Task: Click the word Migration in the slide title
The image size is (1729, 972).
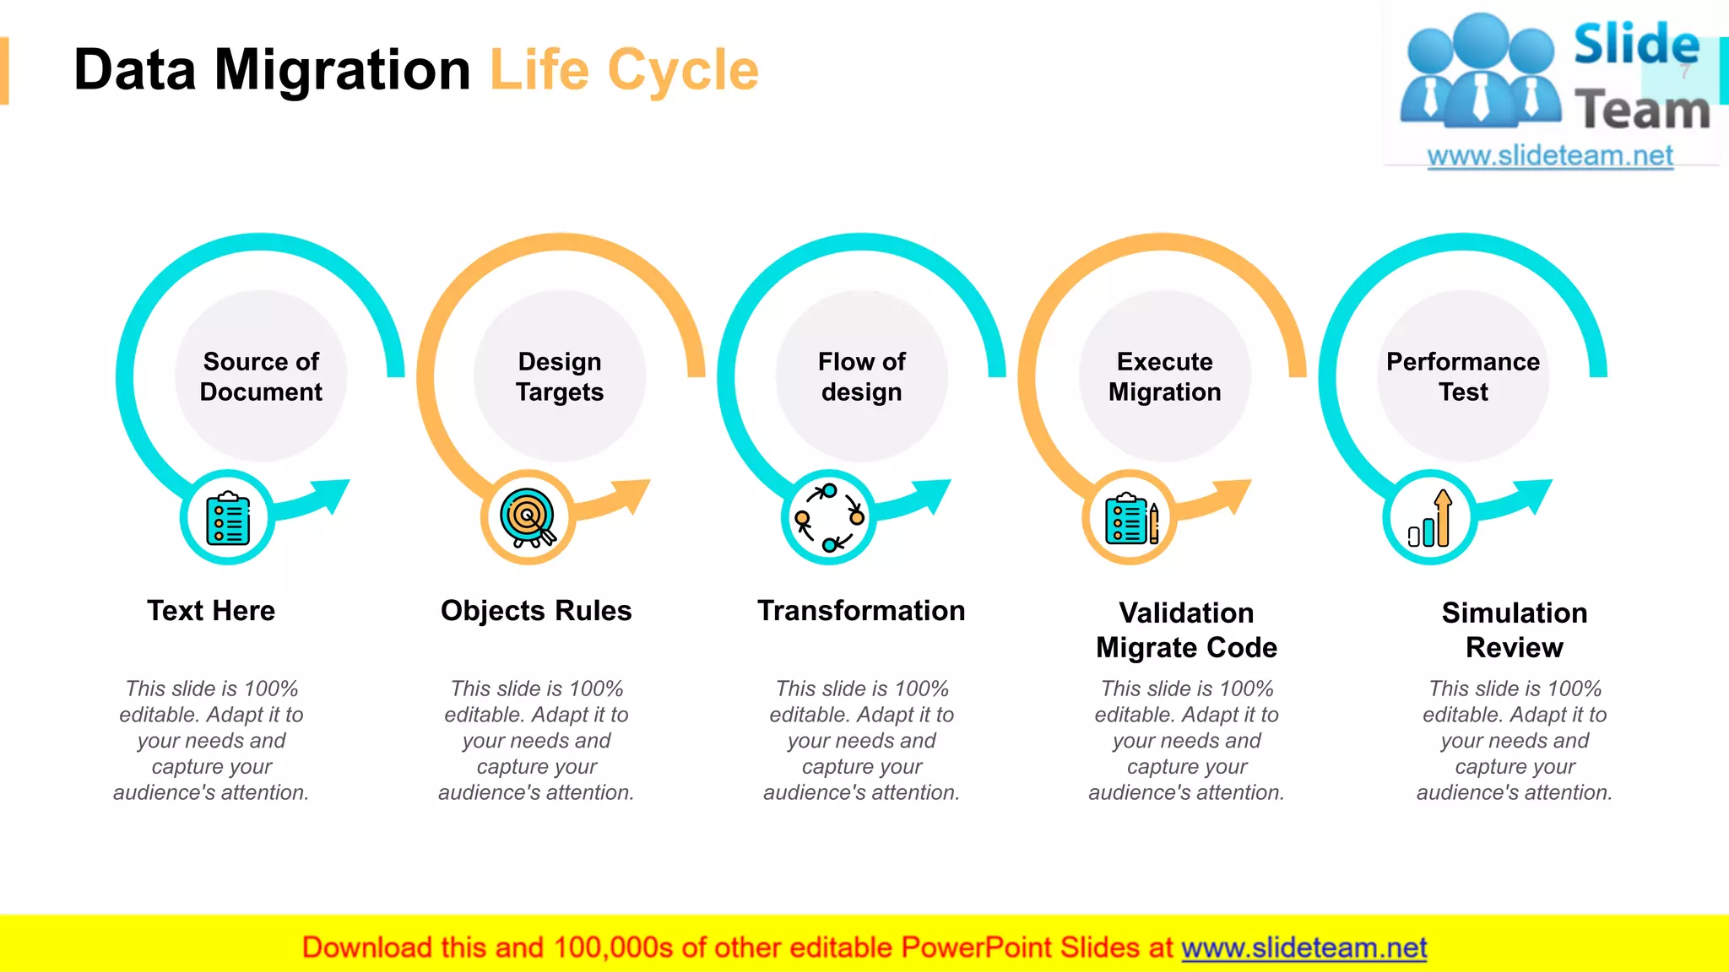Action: pyautogui.click(x=342, y=70)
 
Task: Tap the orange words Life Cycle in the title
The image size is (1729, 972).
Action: pyautogui.click(x=624, y=70)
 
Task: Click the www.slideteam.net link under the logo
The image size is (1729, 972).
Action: pyautogui.click(x=1550, y=156)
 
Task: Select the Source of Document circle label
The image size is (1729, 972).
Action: pyautogui.click(x=261, y=376)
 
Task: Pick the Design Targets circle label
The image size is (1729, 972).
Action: pyautogui.click(x=560, y=376)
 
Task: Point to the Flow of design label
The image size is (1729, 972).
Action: pyautogui.click(x=861, y=376)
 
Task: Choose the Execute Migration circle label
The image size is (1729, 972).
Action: pyautogui.click(x=1164, y=376)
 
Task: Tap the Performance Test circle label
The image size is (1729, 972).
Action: pyautogui.click(x=1463, y=376)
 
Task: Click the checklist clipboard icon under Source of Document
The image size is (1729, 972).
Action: pyautogui.click(x=228, y=518)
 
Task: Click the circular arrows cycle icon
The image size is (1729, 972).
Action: pyautogui.click(x=829, y=518)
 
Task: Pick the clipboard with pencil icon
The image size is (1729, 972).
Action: pyautogui.click(x=1130, y=518)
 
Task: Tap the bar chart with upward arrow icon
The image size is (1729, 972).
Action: pyautogui.click(x=1430, y=518)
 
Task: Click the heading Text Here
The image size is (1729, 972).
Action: pyautogui.click(x=211, y=611)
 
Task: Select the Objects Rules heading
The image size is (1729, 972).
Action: pyautogui.click(x=536, y=611)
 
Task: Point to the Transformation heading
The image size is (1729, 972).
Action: pyautogui.click(x=861, y=611)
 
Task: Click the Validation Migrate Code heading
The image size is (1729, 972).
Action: pyautogui.click(x=1186, y=630)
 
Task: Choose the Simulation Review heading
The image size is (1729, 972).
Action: pyautogui.click(x=1514, y=630)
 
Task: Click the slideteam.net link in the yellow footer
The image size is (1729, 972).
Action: pyautogui.click(x=1304, y=948)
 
